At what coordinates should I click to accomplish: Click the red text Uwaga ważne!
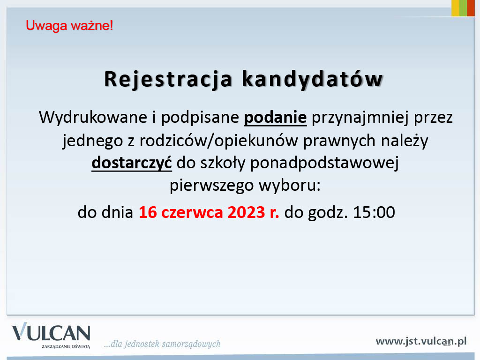(x=69, y=26)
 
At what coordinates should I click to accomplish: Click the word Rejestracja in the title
(x=168, y=80)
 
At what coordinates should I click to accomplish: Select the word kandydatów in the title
(x=312, y=79)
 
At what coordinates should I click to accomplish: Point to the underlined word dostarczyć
(x=132, y=163)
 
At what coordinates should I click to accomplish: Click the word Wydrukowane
(x=93, y=117)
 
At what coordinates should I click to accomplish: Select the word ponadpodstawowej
(x=324, y=163)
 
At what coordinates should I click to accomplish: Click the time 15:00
(x=374, y=212)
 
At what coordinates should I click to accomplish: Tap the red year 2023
(x=246, y=212)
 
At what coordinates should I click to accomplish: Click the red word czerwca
(x=192, y=212)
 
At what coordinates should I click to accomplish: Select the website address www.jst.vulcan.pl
(x=421, y=341)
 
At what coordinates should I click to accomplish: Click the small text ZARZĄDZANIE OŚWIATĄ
(x=66, y=346)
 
